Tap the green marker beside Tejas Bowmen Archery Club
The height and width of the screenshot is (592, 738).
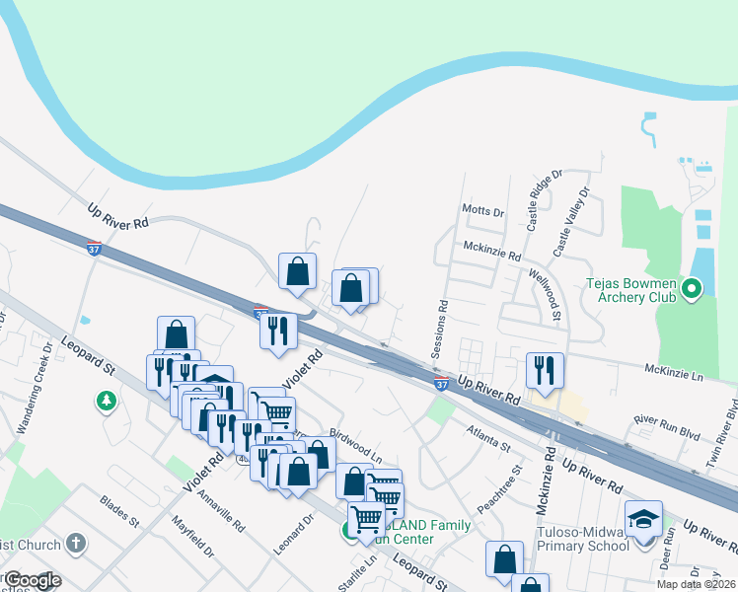(x=691, y=289)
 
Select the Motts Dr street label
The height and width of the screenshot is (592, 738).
(x=482, y=210)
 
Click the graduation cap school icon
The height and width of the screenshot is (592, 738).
(x=643, y=520)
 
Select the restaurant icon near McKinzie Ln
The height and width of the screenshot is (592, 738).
(x=545, y=370)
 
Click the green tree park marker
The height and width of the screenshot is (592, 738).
(x=106, y=401)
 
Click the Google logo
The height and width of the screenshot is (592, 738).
(x=32, y=580)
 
